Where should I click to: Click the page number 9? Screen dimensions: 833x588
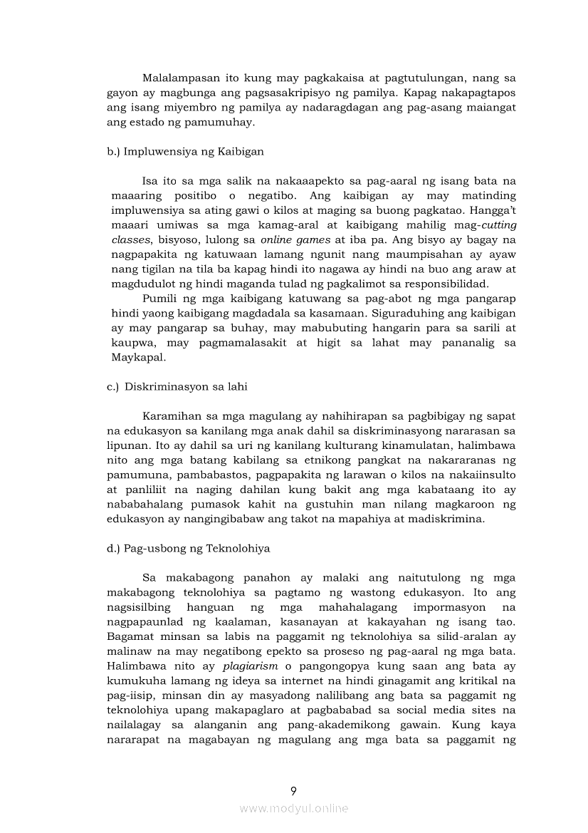293,790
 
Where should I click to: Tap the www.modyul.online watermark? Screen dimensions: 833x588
293,808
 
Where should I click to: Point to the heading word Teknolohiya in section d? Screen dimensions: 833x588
238,549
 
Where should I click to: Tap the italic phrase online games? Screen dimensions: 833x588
290,240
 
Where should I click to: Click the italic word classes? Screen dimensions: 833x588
130,240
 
